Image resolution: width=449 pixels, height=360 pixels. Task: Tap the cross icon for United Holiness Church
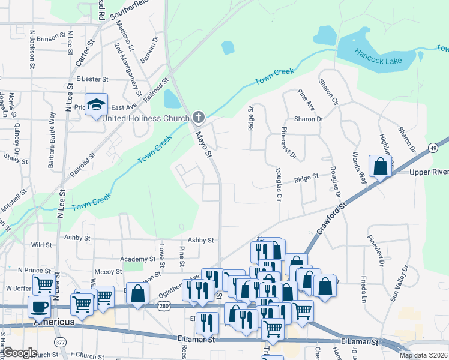point(199,118)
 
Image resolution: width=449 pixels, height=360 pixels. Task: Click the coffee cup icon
point(40,306)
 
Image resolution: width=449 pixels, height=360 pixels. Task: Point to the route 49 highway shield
point(433,149)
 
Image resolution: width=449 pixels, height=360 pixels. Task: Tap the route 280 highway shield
point(163,306)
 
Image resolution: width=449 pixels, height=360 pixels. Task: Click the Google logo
point(19,353)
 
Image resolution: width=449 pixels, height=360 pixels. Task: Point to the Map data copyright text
point(423,355)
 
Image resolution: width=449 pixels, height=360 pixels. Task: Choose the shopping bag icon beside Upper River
point(381,166)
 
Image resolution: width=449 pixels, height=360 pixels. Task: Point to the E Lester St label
point(92,79)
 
